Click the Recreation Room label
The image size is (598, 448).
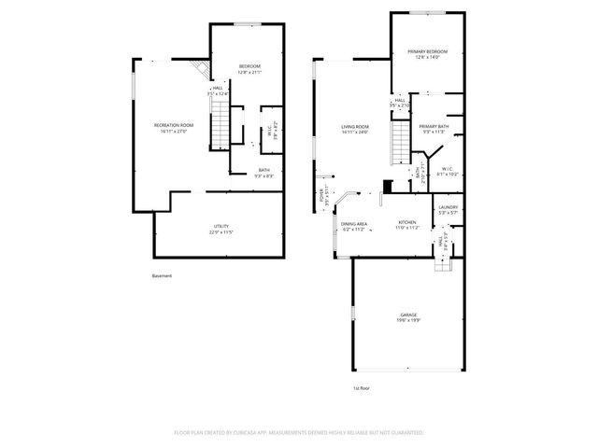coord(174,125)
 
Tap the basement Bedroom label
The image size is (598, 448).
coord(249,65)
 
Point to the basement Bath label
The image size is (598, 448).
coord(265,170)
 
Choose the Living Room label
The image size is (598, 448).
coord(355,126)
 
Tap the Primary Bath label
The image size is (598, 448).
coord(434,126)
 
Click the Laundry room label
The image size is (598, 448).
coord(448,207)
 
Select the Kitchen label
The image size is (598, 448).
coord(407,222)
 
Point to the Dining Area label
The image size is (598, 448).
coord(354,224)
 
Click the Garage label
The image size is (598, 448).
coord(409,315)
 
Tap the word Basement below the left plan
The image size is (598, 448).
coord(162,275)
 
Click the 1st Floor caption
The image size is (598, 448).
coord(362,387)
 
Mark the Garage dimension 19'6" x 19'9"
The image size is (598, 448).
coord(409,321)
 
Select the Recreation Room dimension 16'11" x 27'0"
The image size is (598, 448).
coord(174,131)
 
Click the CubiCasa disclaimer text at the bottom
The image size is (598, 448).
coord(299,433)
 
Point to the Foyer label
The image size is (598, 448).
coord(321,198)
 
